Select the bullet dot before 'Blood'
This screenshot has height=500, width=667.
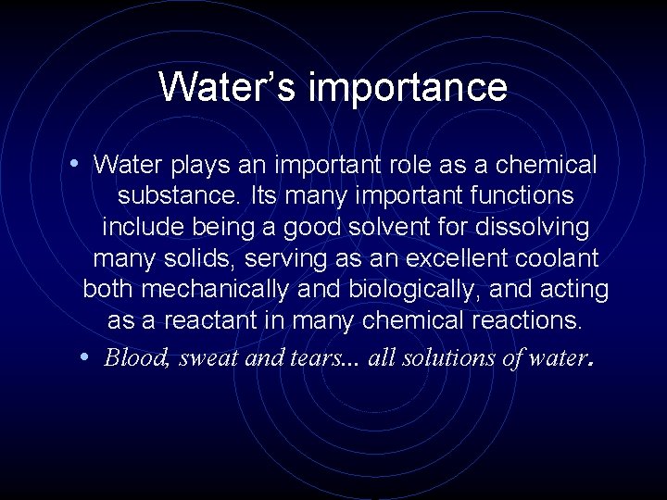point(85,357)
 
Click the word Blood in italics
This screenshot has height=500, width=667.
point(135,357)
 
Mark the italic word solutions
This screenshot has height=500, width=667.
point(447,357)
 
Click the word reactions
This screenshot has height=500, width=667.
point(524,321)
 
